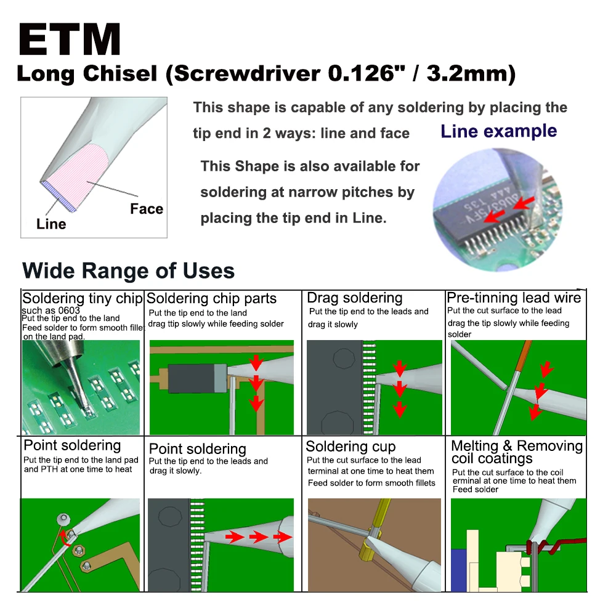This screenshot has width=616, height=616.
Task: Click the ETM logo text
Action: (69, 41)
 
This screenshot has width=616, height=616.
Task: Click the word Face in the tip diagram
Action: (147, 209)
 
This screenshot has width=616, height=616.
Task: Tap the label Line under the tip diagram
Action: (51, 224)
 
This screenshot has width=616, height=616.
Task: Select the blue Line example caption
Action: (499, 131)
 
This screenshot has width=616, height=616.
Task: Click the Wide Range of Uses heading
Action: (128, 270)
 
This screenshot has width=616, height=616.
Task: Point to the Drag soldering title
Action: (355, 298)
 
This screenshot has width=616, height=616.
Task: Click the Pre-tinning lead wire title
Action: (514, 298)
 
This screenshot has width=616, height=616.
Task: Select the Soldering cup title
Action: (351, 447)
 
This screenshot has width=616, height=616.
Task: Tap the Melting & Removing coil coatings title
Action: (516, 452)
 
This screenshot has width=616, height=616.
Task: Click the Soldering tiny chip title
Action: (82, 299)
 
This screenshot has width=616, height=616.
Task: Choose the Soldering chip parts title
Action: (211, 299)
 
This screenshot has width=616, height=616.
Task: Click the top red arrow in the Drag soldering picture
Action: (400, 369)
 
